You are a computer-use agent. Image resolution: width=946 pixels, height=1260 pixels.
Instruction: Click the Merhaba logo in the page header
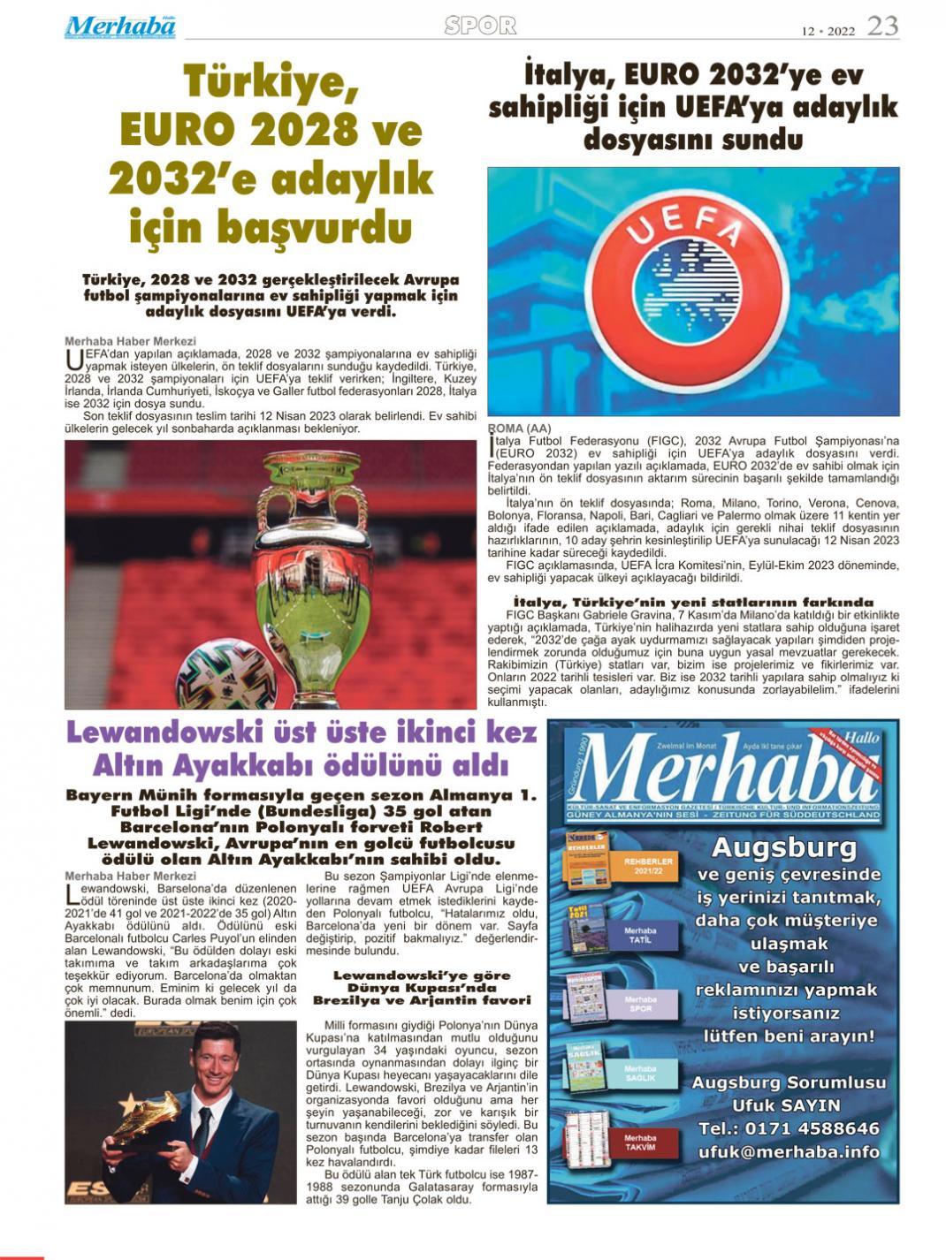[119, 27]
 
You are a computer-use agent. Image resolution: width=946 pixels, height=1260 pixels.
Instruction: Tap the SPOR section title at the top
[480, 27]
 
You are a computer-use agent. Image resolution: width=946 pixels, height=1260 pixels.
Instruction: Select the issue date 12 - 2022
[828, 30]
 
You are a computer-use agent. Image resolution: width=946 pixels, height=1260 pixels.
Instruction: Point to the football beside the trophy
[226, 674]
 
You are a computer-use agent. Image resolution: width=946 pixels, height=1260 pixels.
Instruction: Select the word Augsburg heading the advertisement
[783, 848]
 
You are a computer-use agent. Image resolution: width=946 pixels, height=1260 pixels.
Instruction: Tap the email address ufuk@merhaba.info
[789, 1151]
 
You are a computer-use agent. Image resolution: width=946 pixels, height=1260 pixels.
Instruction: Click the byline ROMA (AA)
[519, 429]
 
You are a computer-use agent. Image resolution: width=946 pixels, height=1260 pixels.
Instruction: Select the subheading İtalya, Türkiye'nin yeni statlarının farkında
[693, 603]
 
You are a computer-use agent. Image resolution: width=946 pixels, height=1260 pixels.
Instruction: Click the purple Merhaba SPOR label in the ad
[640, 1005]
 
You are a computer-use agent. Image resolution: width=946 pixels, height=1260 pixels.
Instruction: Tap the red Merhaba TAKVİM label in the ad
[640, 1142]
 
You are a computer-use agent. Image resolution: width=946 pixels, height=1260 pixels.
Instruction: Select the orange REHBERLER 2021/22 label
[648, 866]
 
